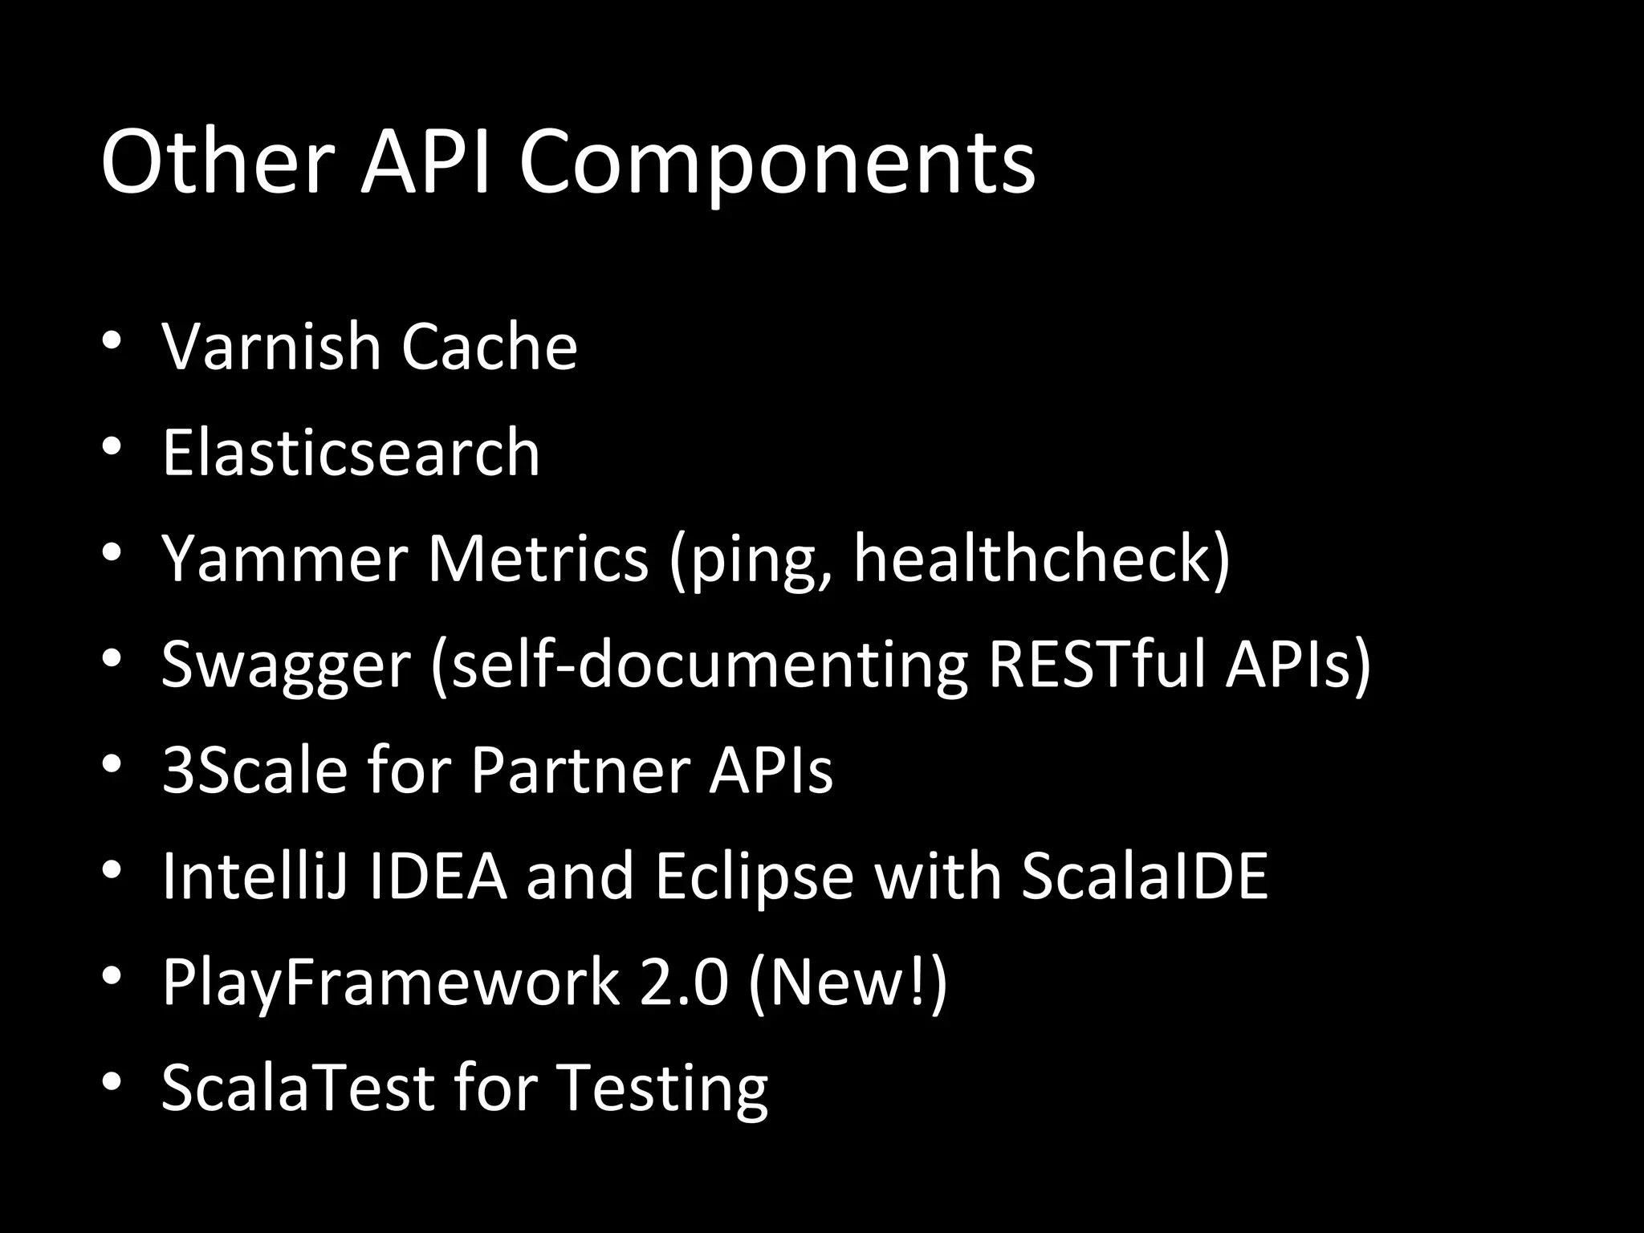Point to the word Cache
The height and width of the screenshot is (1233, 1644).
point(489,347)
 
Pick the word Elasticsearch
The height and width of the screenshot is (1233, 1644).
point(351,452)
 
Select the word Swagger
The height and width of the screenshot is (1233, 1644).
point(286,665)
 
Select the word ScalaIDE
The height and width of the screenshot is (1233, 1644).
point(1144,876)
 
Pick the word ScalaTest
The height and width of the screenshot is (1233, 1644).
point(298,1088)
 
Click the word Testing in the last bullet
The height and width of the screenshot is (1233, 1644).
point(662,1088)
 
